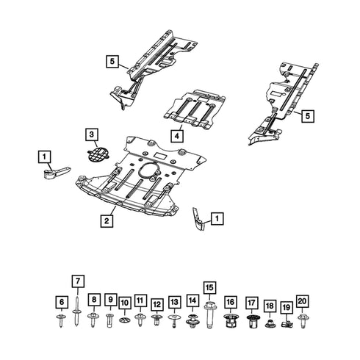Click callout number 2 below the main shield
[x=107, y=220]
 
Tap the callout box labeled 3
[x=90, y=134]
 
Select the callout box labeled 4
[x=178, y=135]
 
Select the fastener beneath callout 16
[x=230, y=320]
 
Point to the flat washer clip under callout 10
[x=124, y=320]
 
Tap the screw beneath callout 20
[x=303, y=320]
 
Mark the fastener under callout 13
[x=174, y=320]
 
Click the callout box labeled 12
[x=156, y=303]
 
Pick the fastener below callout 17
[x=251, y=320]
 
